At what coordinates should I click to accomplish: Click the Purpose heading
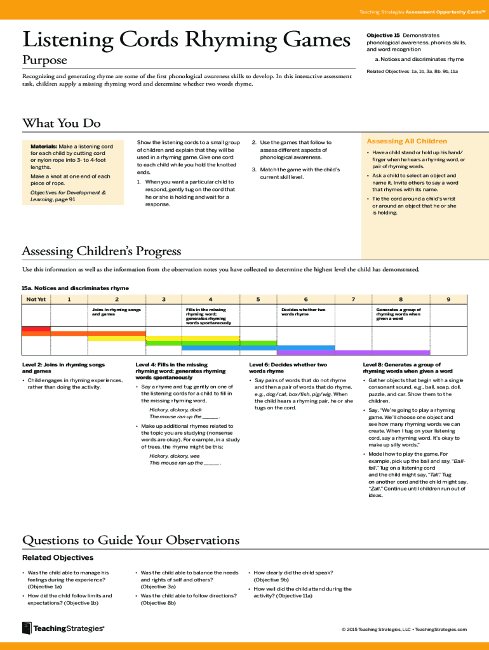pyautogui.click(x=44, y=60)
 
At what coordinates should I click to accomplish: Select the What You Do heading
pyautogui.click(x=61, y=123)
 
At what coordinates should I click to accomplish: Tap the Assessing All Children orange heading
pyautogui.click(x=406, y=141)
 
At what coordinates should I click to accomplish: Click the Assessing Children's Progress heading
pyautogui.click(x=102, y=251)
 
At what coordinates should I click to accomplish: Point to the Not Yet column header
pyautogui.click(x=36, y=299)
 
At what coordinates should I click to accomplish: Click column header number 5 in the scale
pyautogui.click(x=258, y=299)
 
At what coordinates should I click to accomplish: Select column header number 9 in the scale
pyautogui.click(x=448, y=299)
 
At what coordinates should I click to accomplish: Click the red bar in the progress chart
pyautogui.click(x=36, y=329)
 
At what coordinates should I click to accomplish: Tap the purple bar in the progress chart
pyautogui.click(x=353, y=352)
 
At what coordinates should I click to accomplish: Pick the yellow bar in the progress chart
pyautogui.click(x=164, y=338)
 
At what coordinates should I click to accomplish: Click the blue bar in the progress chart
pyautogui.click(x=258, y=348)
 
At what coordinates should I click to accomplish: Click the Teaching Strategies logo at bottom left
pyautogui.click(x=63, y=628)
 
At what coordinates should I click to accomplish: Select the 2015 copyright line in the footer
pyautogui.click(x=404, y=629)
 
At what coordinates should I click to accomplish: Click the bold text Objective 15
pyautogui.click(x=383, y=35)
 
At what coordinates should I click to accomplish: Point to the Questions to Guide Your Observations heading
pyautogui.click(x=131, y=540)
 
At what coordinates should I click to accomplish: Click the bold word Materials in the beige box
pyautogui.click(x=44, y=146)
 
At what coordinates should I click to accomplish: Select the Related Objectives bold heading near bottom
pyautogui.click(x=58, y=557)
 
